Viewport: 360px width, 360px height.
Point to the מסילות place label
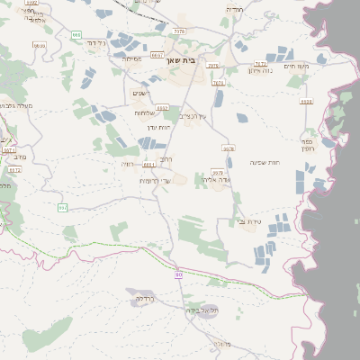(130, 58)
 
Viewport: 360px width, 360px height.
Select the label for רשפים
(140, 94)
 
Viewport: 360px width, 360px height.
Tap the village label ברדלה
(145, 298)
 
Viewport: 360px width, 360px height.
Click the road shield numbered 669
(76, 35)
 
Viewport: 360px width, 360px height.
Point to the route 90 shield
(179, 274)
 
